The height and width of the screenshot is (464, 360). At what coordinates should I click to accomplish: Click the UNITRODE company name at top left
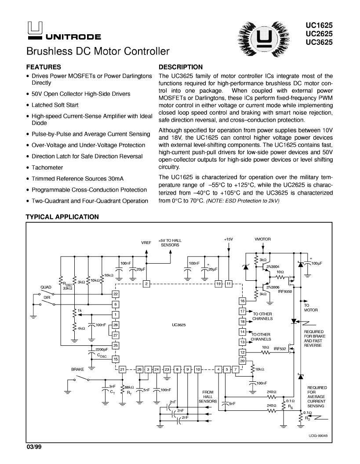(73, 37)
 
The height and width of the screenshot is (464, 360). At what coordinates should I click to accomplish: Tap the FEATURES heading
(44, 67)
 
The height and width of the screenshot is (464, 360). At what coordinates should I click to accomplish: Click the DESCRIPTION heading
(181, 67)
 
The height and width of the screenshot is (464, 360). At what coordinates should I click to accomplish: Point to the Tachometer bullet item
(47, 167)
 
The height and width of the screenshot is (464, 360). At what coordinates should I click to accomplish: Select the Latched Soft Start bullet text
(55, 105)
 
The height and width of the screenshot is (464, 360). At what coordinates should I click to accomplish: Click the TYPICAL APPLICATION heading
(62, 217)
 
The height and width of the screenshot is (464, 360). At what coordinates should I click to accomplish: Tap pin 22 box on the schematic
(116, 294)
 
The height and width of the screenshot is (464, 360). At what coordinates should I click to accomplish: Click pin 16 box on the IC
(243, 301)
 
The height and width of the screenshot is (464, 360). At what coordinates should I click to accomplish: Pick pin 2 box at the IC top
(146, 284)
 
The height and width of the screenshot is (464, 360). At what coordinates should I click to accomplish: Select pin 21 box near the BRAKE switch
(122, 369)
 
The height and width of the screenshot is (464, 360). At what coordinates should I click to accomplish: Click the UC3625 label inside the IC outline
(178, 325)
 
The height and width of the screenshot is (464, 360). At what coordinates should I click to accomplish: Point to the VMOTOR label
(262, 239)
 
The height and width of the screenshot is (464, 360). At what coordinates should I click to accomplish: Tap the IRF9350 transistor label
(285, 291)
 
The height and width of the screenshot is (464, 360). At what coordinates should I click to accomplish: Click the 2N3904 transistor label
(273, 267)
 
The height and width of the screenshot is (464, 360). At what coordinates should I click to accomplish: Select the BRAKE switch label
(77, 369)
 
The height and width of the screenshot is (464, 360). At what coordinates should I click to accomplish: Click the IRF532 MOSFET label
(280, 349)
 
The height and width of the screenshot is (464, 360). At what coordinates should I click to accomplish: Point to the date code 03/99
(34, 447)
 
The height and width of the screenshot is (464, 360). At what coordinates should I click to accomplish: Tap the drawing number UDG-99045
(318, 436)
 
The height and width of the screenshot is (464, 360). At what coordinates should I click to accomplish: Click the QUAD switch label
(46, 287)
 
